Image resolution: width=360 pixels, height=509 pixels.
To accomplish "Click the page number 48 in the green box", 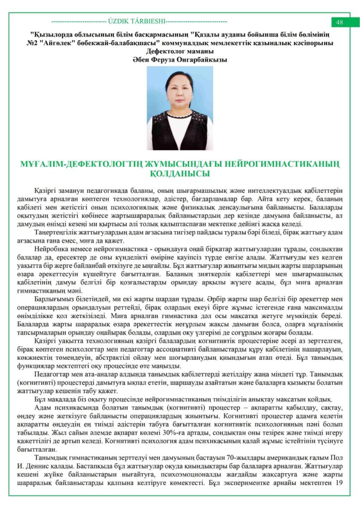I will (340, 22).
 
